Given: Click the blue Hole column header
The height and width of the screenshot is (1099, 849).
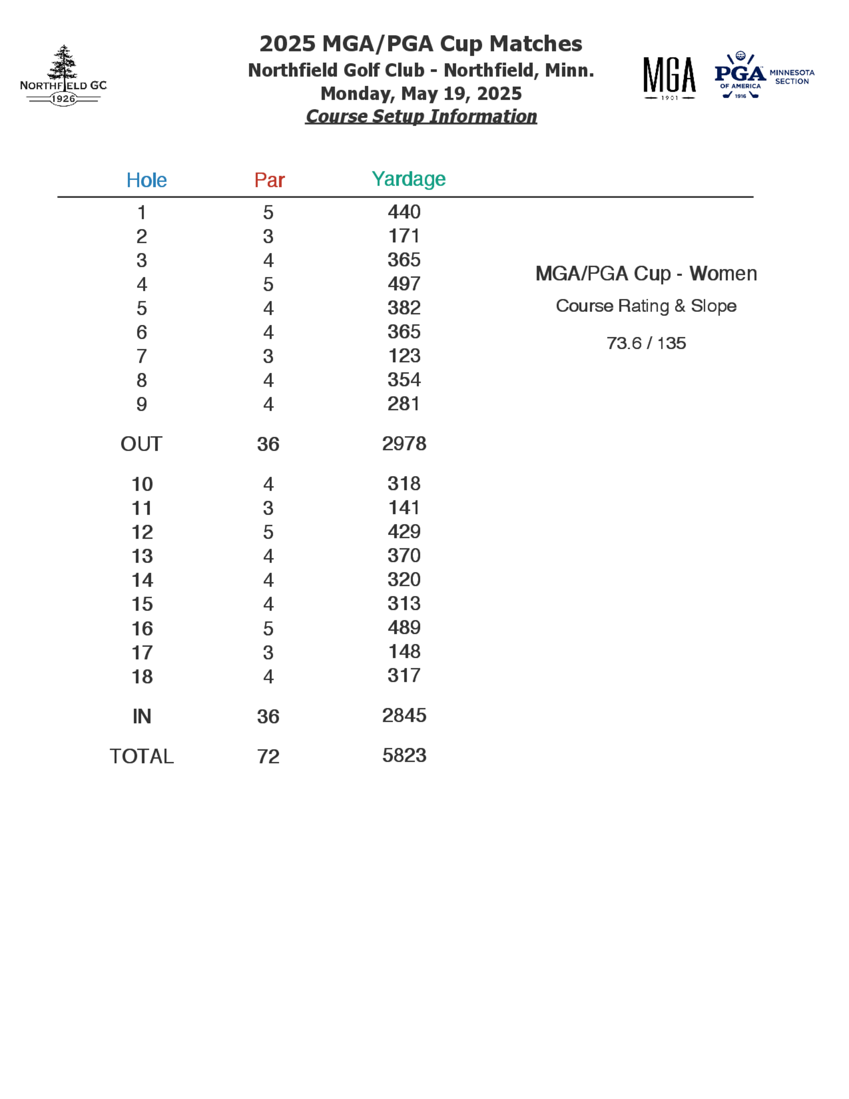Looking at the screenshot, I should click(146, 180).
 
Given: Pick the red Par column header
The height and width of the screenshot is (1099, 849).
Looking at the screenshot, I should click(269, 180).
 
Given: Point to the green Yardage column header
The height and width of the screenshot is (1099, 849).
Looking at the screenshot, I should click(408, 179).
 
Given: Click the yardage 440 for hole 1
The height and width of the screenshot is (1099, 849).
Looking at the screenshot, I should click(404, 212).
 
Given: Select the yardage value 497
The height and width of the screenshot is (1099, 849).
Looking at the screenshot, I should click(404, 284).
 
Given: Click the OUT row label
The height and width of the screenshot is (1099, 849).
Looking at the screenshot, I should click(141, 444).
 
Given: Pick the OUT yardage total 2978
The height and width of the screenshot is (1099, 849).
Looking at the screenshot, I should click(404, 443).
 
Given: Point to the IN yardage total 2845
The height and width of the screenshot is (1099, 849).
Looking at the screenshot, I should click(404, 715).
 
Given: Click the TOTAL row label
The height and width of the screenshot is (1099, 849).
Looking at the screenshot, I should click(141, 756).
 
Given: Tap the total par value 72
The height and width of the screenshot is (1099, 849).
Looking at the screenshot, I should click(268, 756).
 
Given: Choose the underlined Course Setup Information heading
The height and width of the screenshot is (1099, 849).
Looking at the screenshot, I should click(421, 116).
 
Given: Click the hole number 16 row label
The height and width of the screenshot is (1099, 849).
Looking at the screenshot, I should click(142, 628).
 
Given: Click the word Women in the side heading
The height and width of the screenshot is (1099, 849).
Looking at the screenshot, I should click(723, 274).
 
